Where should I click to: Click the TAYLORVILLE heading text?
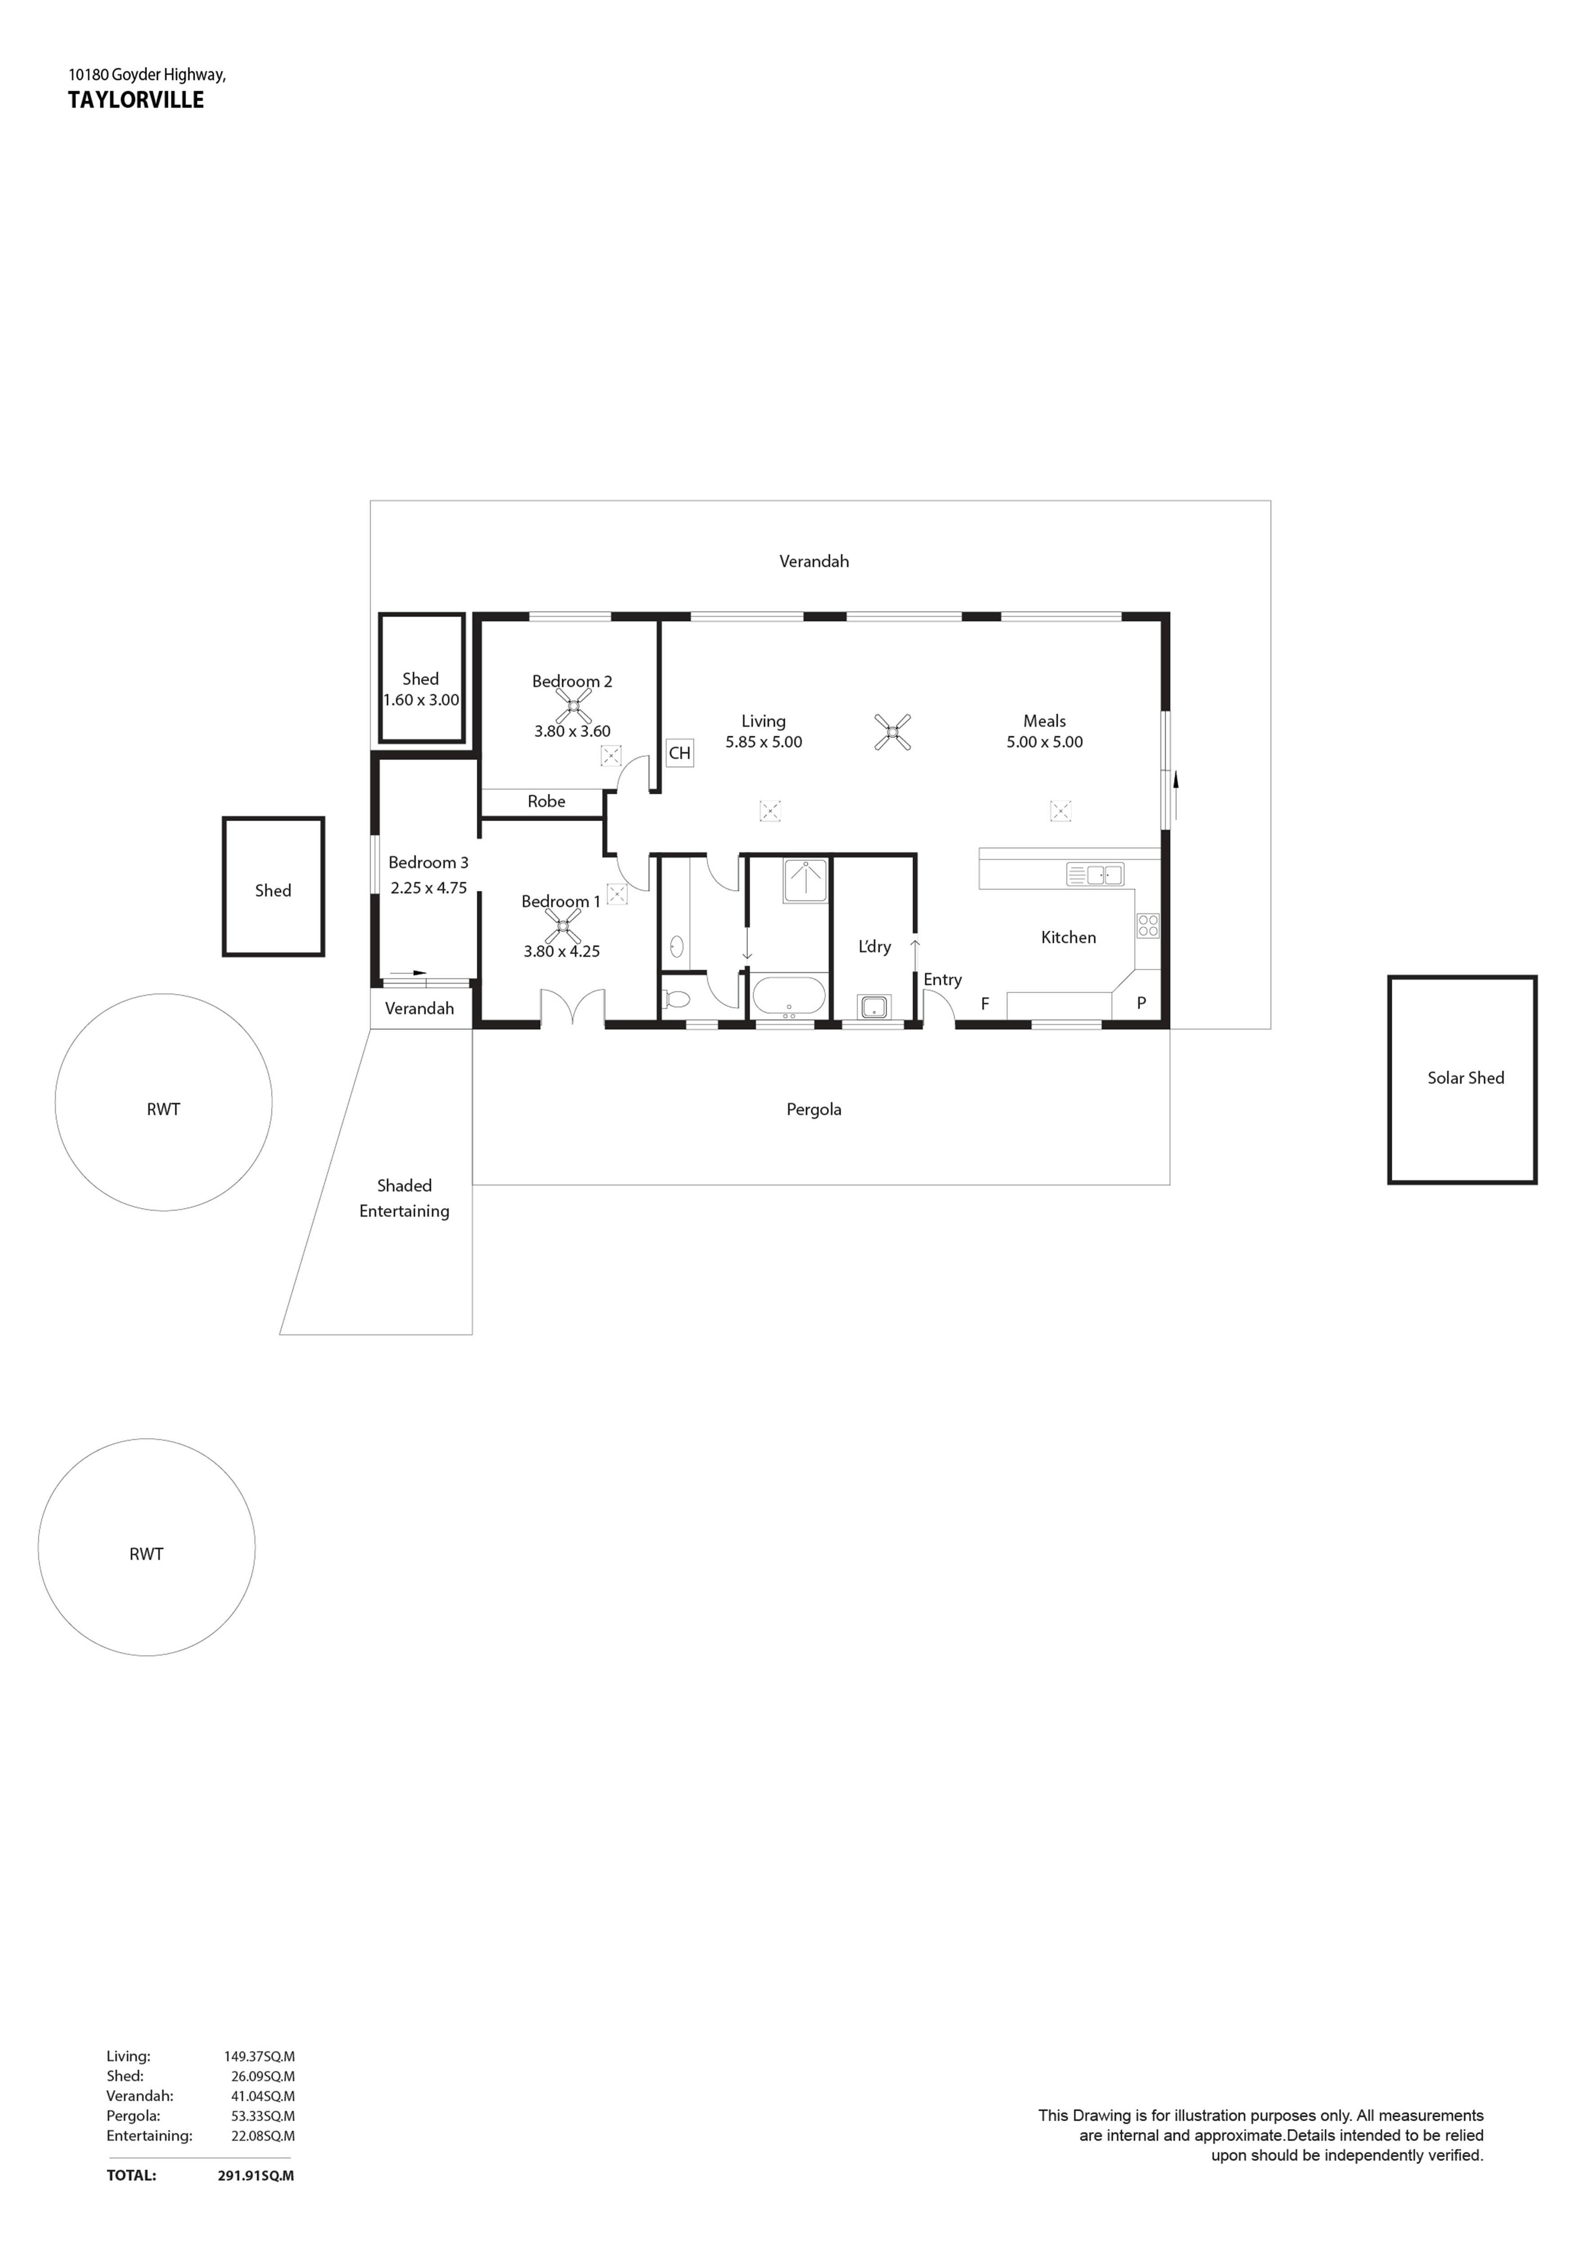pyautogui.click(x=136, y=100)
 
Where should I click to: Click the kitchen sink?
pyautogui.click(x=1094, y=874)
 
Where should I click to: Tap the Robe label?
pyautogui.click(x=546, y=802)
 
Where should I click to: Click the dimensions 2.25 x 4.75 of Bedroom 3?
pyautogui.click(x=429, y=887)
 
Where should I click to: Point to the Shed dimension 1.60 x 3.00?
pyautogui.click(x=421, y=700)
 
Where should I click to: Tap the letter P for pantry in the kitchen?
pyautogui.click(x=1141, y=1003)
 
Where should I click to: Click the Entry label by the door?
pyautogui.click(x=943, y=980)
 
